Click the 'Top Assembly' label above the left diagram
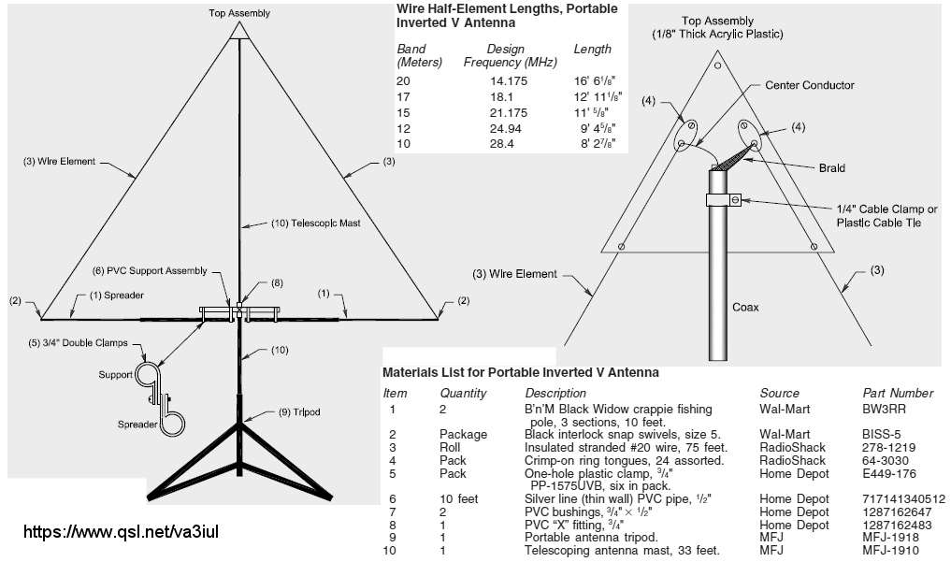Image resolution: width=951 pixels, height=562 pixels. coord(238,12)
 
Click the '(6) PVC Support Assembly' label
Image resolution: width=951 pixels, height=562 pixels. coord(150,271)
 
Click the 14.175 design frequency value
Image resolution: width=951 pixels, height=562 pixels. coord(509,81)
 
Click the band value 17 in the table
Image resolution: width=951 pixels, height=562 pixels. coord(403,96)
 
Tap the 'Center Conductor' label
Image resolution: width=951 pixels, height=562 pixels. coord(809,85)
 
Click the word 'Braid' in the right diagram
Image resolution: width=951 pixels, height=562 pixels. coord(831,168)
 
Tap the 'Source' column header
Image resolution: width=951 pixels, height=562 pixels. coord(779,394)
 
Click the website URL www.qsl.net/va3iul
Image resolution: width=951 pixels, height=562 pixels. coord(121,532)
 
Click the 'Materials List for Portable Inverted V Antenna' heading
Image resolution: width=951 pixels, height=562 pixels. coord(520,372)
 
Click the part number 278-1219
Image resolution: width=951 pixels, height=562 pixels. coord(888,448)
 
